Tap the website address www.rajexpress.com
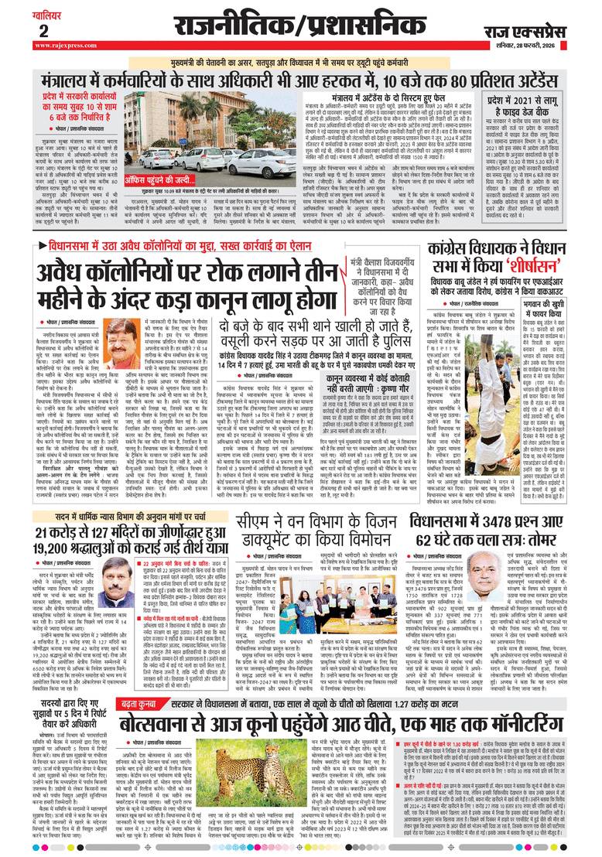[56, 44]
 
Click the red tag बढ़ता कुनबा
[144, 703]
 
